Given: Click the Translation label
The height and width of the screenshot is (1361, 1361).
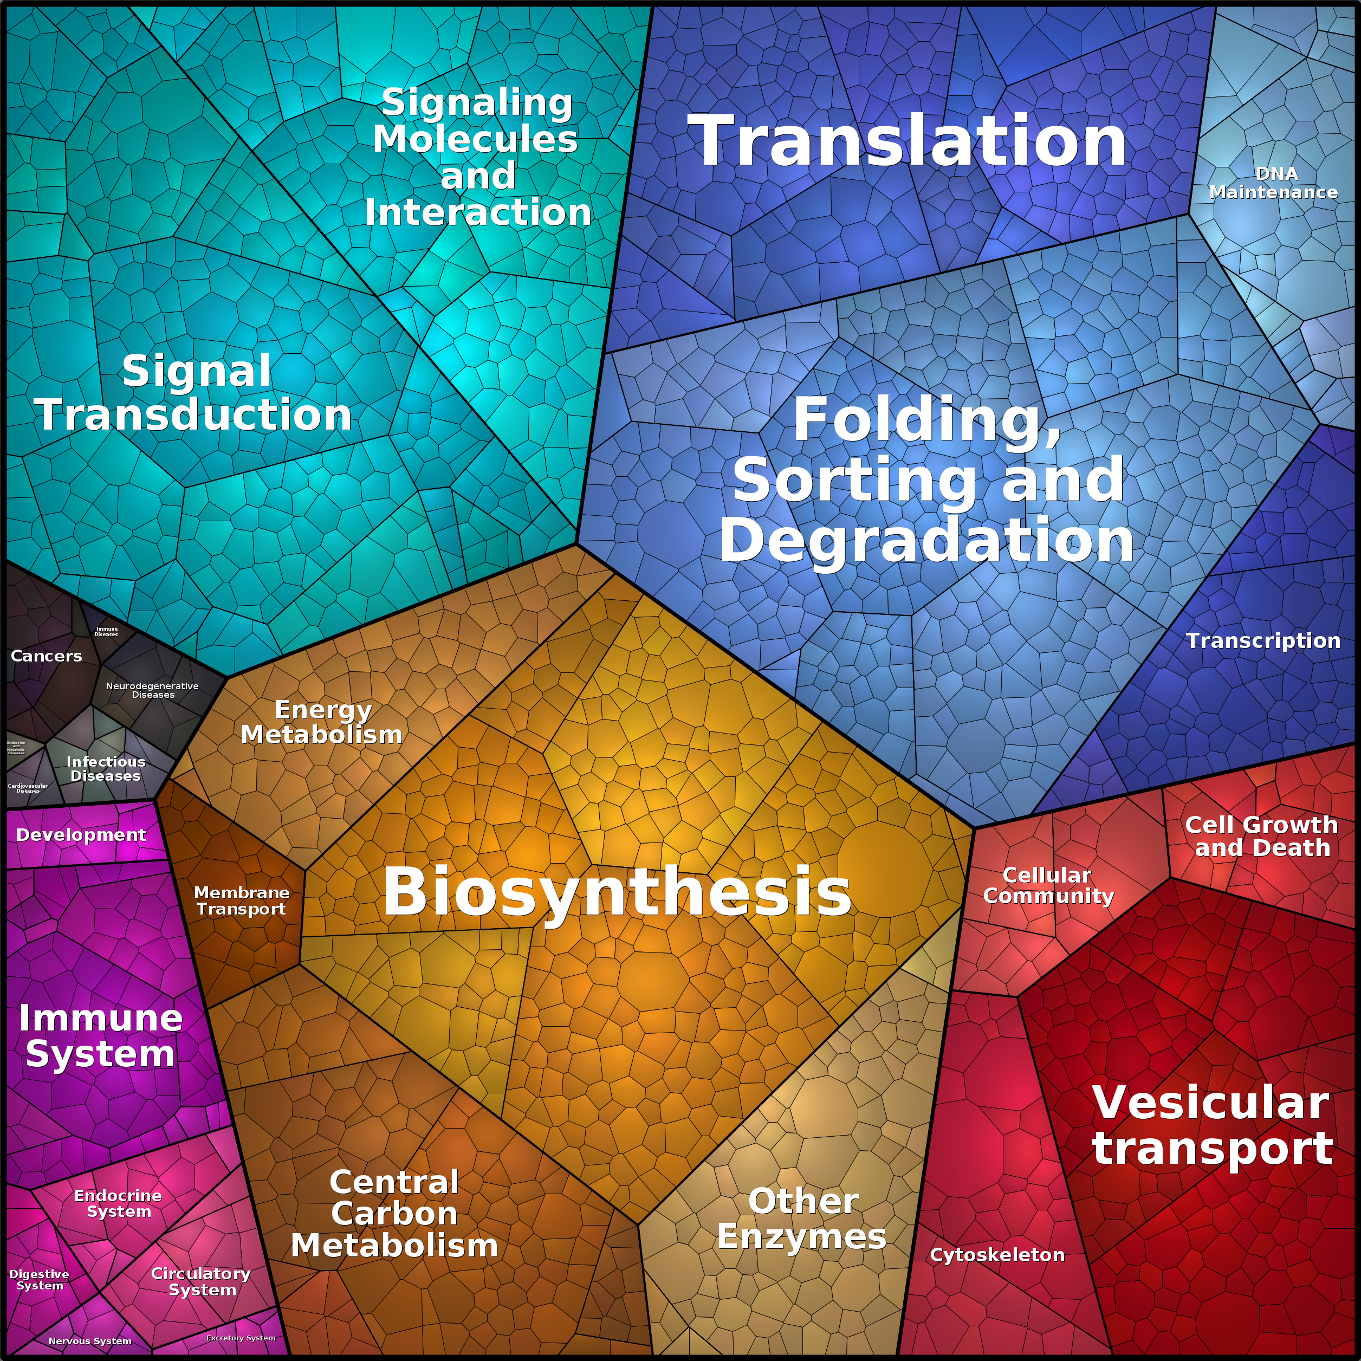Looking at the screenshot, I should [908, 141].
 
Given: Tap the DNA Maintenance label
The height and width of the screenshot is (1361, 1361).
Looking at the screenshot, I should [1274, 183].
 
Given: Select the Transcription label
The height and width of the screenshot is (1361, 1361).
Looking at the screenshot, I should [1262, 640].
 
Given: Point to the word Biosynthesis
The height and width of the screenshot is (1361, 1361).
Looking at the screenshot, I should [617, 891].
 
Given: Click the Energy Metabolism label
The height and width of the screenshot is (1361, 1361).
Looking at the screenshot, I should [322, 722].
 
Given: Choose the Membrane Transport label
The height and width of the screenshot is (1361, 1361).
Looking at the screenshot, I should [242, 900].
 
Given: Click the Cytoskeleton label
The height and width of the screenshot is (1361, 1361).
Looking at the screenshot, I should [997, 1255].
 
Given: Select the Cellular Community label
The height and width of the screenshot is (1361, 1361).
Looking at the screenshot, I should [1048, 885].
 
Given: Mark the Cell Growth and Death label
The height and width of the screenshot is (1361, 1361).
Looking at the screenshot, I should [1261, 836].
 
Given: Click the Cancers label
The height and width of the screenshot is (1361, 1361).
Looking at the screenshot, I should [47, 656].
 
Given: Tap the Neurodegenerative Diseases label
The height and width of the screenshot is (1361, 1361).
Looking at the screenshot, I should [152, 690].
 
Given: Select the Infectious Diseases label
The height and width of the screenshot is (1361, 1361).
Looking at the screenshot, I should [106, 769].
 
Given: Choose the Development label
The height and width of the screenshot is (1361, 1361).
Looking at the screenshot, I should [81, 835].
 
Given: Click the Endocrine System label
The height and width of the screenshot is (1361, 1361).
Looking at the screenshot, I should [118, 1203].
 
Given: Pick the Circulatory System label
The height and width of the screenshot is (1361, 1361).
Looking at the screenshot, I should [202, 1281].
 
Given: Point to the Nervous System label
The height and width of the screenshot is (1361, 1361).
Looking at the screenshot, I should [90, 1340].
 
